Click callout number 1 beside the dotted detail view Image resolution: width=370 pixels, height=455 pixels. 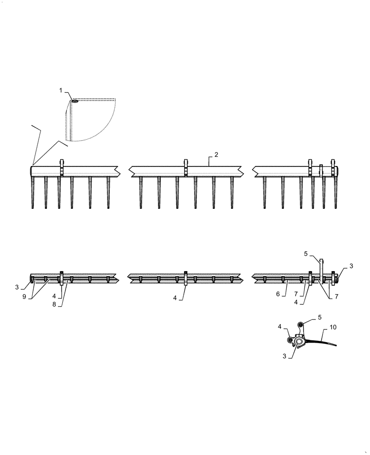tap(61, 91)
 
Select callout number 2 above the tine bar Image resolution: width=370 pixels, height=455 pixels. tap(216, 155)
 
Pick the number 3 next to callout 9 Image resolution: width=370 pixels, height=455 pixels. tap(18, 287)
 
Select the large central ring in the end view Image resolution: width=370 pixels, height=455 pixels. tap(299, 341)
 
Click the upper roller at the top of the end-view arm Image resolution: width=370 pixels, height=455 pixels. tap(300, 324)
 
